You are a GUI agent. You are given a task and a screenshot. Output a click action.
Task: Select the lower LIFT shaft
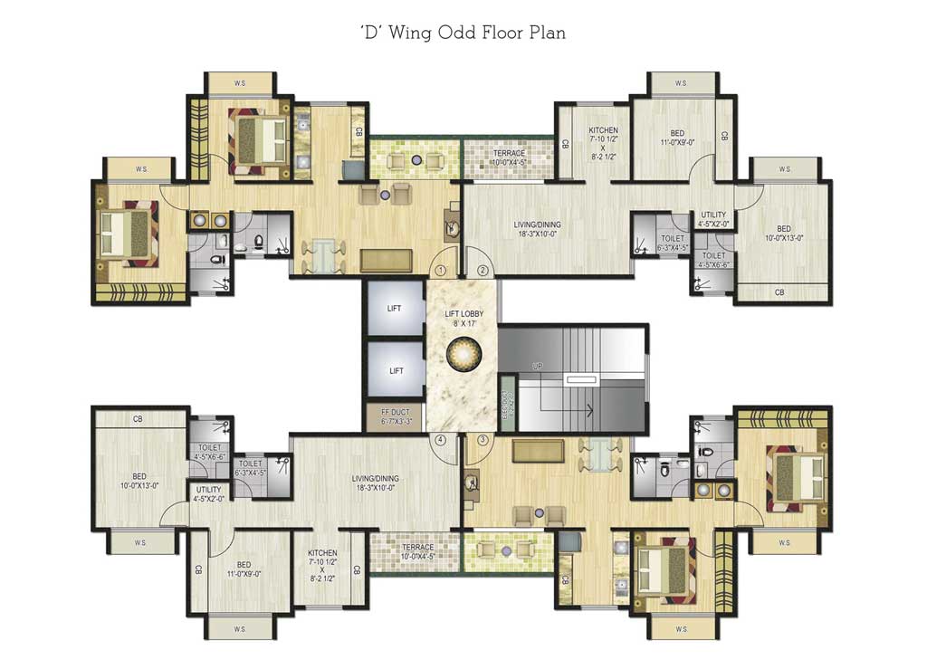pyautogui.click(x=394, y=370)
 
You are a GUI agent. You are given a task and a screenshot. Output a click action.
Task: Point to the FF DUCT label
pyautogui.click(x=394, y=417)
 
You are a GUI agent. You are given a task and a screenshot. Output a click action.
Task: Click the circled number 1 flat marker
pyautogui.click(x=441, y=270)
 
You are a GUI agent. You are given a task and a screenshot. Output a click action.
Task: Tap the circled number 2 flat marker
pyautogui.click(x=483, y=270)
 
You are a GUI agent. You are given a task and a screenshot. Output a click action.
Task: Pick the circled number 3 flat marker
pyautogui.click(x=483, y=440)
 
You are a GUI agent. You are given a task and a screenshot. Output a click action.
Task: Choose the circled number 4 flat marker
pyautogui.click(x=441, y=440)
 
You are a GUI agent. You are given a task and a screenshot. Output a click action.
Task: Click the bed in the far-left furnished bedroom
pyautogui.click(x=127, y=234)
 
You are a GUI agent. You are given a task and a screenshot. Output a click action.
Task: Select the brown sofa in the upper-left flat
pyautogui.click(x=386, y=260)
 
